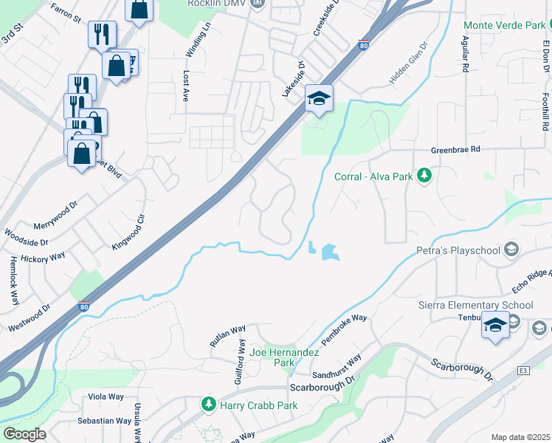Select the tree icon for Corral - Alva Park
click(x=424, y=176)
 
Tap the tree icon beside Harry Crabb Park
click(x=209, y=405)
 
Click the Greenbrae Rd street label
click(x=455, y=149)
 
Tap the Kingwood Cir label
click(x=128, y=232)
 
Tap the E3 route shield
click(x=523, y=370)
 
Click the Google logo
click(x=24, y=433)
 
